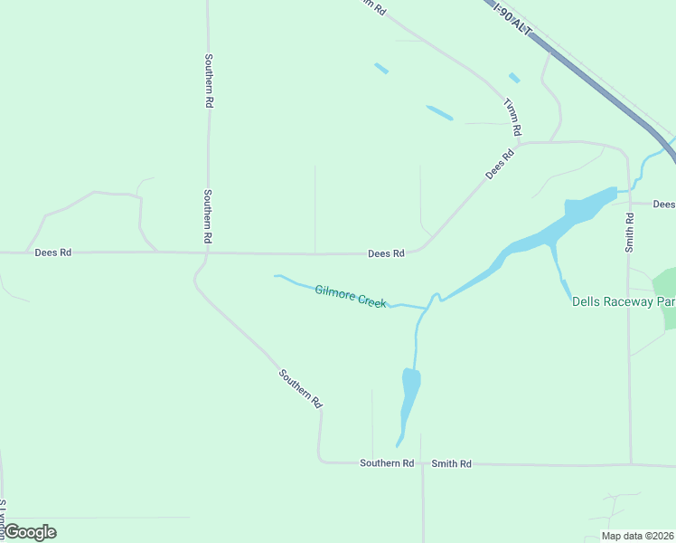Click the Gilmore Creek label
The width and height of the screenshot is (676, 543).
pyautogui.click(x=350, y=295)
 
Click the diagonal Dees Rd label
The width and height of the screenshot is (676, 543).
pyautogui.click(x=499, y=163)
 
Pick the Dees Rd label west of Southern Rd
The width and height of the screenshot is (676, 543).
pyautogui.click(x=52, y=252)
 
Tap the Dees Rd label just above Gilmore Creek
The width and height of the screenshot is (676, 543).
pyautogui.click(x=386, y=254)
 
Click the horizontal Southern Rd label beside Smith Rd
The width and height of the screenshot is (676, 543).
pyautogui.click(x=387, y=463)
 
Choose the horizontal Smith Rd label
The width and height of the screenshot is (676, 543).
pyautogui.click(x=451, y=463)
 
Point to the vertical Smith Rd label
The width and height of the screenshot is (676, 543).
pyautogui.click(x=630, y=232)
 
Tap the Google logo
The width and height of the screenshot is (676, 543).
pyautogui.click(x=30, y=532)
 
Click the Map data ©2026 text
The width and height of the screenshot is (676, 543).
pyautogui.click(x=637, y=536)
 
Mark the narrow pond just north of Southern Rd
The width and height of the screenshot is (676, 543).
pyautogui.click(x=408, y=398)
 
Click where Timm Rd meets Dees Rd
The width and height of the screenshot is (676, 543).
pyautogui.click(x=522, y=143)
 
